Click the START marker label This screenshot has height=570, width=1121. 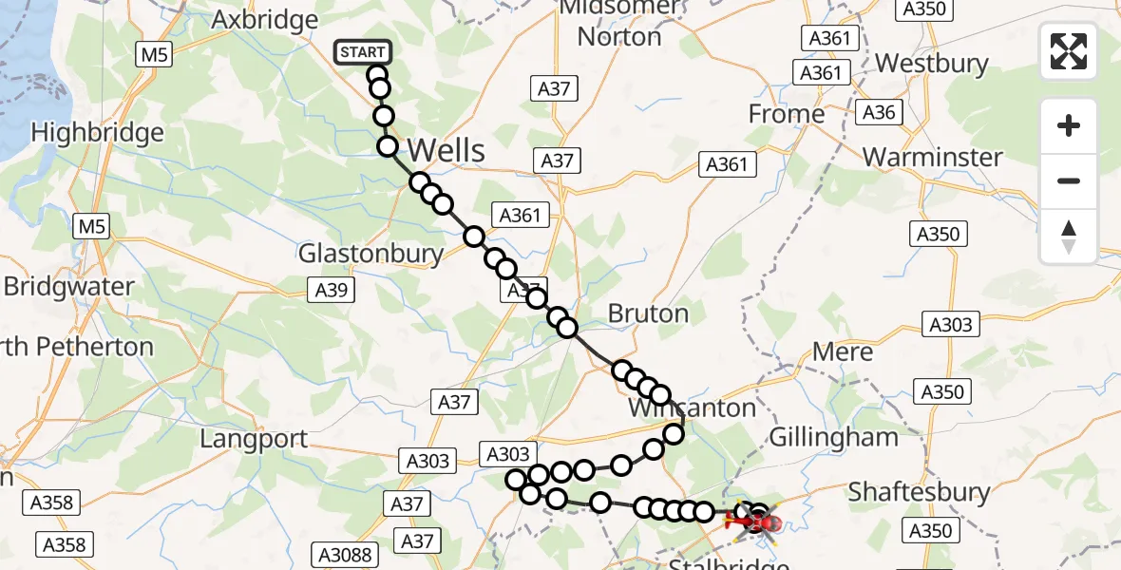click(362, 51)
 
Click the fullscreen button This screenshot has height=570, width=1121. click(1069, 51)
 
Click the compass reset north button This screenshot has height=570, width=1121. click(1069, 237)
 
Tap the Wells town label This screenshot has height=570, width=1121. click(446, 150)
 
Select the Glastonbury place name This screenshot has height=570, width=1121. click(370, 254)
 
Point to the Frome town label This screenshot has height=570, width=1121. click(787, 115)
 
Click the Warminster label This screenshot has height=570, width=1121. click(933, 157)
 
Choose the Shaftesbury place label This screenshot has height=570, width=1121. click(919, 492)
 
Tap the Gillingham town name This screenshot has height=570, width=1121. click(833, 438)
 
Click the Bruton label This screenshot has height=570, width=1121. click(648, 313)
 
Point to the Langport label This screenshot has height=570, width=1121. click(255, 439)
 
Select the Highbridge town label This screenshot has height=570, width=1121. click(98, 133)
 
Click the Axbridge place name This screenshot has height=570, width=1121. click(265, 20)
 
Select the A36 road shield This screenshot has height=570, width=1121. click(879, 113)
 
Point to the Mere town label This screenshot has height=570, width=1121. click(843, 352)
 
